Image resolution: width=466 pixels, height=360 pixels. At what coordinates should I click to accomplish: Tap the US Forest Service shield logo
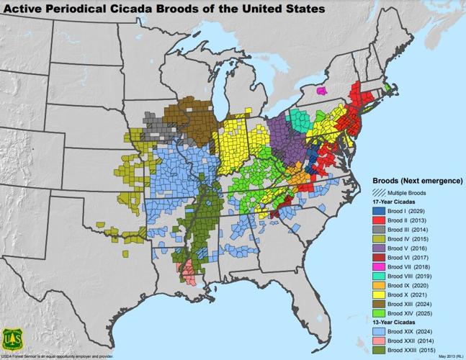click(12, 338)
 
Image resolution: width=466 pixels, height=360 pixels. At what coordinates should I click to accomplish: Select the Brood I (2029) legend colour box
click(379, 210)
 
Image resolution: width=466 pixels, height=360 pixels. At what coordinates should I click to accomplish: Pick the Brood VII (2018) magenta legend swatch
click(379, 266)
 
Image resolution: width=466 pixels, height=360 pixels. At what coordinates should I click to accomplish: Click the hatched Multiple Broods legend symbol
click(377, 193)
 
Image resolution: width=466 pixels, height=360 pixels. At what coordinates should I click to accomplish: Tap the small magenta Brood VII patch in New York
click(321, 91)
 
